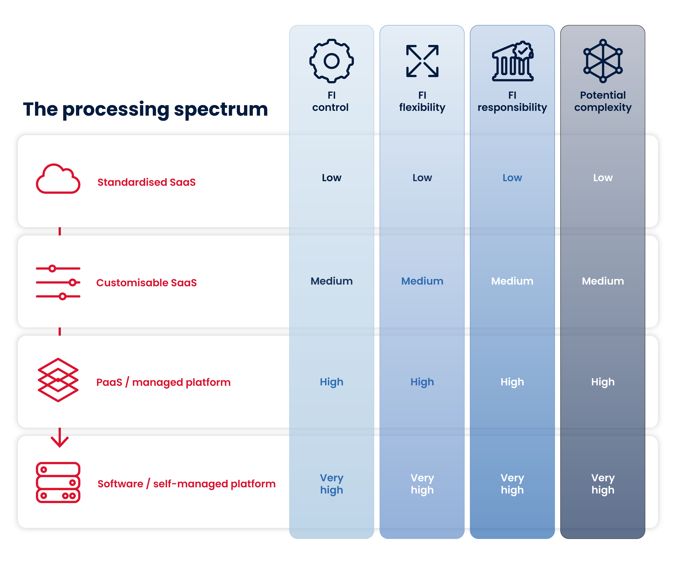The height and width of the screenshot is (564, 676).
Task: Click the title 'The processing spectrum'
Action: tap(145, 110)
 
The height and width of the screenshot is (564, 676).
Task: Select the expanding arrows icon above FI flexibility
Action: tap(422, 61)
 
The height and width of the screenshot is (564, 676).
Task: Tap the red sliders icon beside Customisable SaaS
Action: tap(58, 282)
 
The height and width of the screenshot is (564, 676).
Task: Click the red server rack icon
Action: tap(58, 483)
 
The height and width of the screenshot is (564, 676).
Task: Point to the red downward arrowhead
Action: tap(59, 443)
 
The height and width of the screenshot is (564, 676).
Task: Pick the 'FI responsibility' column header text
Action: tap(512, 101)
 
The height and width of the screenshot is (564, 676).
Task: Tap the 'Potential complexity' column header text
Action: tap(603, 101)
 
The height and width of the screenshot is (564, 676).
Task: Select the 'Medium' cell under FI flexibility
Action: tap(422, 281)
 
